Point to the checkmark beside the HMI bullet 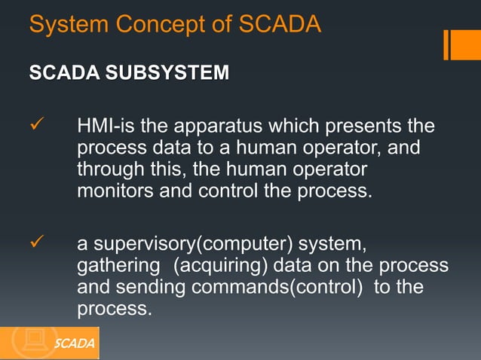pyautogui.click(x=36, y=124)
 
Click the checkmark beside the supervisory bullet pyautogui.click(x=36, y=246)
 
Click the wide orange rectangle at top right pyautogui.click(x=465, y=44)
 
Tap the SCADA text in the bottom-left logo pyautogui.click(x=75, y=344)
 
